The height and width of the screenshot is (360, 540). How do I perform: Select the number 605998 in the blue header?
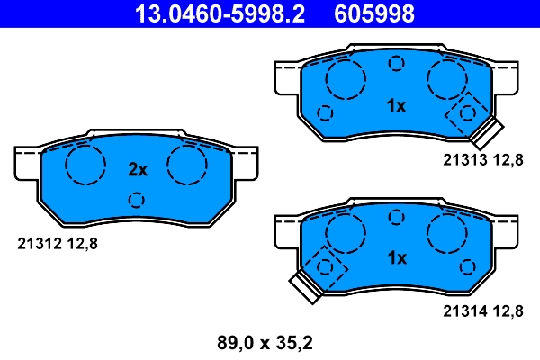pyautogui.click(x=374, y=13)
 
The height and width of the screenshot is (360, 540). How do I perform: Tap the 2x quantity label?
pyautogui.click(x=137, y=169)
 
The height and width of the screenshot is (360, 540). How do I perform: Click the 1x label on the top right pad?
pyautogui.click(x=396, y=106)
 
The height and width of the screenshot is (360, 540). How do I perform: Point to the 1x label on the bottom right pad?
pyautogui.click(x=396, y=257)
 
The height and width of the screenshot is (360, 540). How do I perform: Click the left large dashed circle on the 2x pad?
pyautogui.click(x=85, y=164)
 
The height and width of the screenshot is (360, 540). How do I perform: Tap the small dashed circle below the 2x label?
pyautogui.click(x=137, y=199)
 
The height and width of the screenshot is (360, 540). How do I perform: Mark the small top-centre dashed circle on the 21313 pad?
pyautogui.click(x=396, y=63)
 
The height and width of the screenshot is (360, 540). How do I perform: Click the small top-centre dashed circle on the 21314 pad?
pyautogui.click(x=396, y=215)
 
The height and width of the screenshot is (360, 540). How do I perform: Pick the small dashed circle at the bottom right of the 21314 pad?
pyautogui.click(x=467, y=266)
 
